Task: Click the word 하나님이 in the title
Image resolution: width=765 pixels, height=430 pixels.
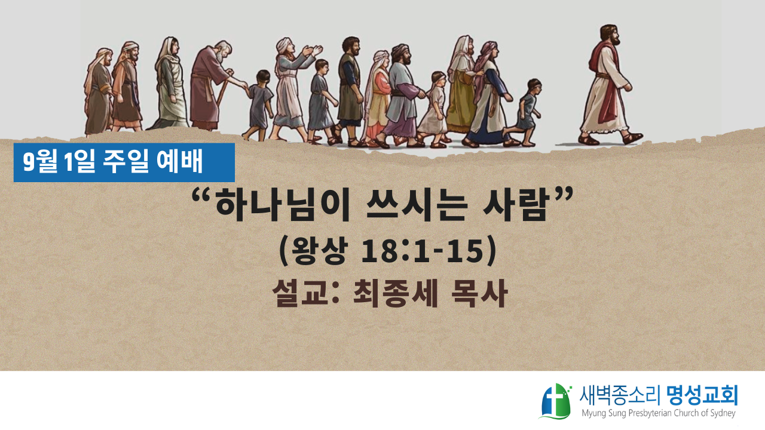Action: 283,207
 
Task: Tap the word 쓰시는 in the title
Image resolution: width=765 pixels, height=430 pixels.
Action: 417,207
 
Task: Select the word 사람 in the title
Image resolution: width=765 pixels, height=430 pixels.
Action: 516,207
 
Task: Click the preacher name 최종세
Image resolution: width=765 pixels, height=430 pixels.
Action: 395,293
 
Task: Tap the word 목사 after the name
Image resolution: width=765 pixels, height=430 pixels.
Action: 479,293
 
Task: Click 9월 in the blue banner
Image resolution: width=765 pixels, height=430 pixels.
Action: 39,162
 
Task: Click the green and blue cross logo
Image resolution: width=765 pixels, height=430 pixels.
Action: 556,401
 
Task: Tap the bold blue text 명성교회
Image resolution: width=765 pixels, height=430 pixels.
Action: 702,395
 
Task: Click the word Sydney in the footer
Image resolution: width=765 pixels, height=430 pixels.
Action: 721,414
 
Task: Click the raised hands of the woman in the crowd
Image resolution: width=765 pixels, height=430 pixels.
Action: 312,51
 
